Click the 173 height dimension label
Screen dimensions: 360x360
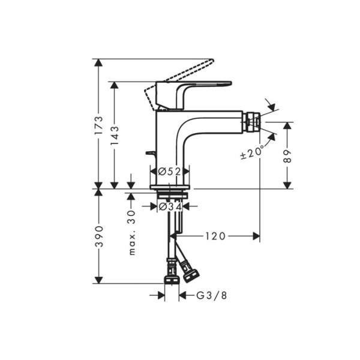point(100,125)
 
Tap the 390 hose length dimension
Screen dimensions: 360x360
point(100,236)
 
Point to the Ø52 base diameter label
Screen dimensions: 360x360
point(170,172)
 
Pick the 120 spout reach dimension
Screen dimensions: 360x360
point(214,236)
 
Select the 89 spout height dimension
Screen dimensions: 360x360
point(287,156)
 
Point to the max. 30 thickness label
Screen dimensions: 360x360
point(132,233)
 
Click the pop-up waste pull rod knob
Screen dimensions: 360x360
point(149,154)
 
